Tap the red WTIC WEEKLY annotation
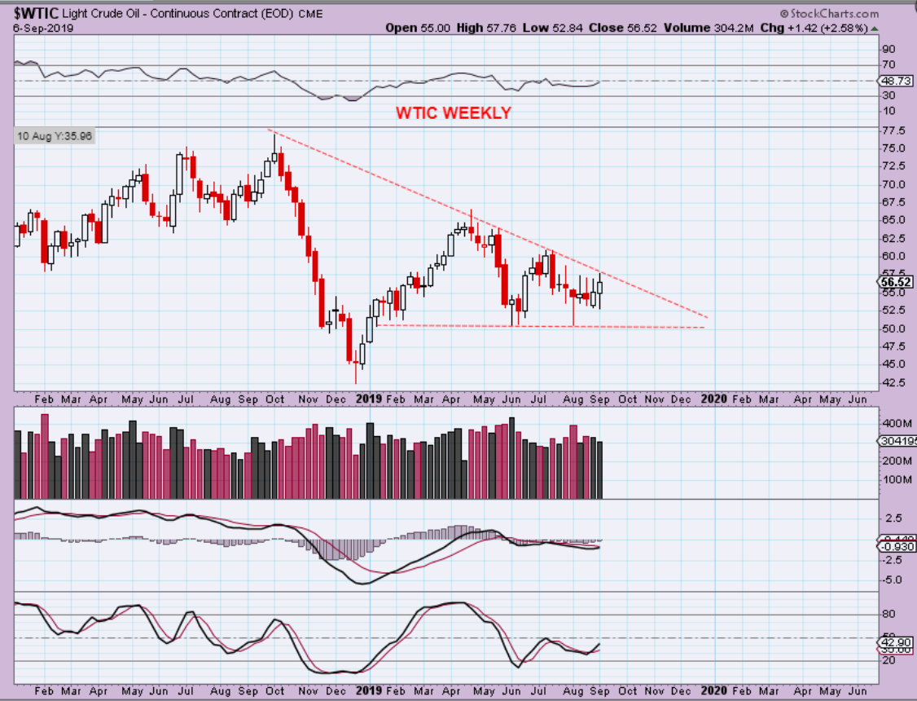point(454,112)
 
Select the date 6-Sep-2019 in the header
point(38,28)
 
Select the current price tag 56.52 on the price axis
point(895,282)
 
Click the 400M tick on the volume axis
point(895,424)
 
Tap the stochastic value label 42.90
point(895,642)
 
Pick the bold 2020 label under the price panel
point(713,399)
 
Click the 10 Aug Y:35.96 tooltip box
point(54,136)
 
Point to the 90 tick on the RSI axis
point(888,49)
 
